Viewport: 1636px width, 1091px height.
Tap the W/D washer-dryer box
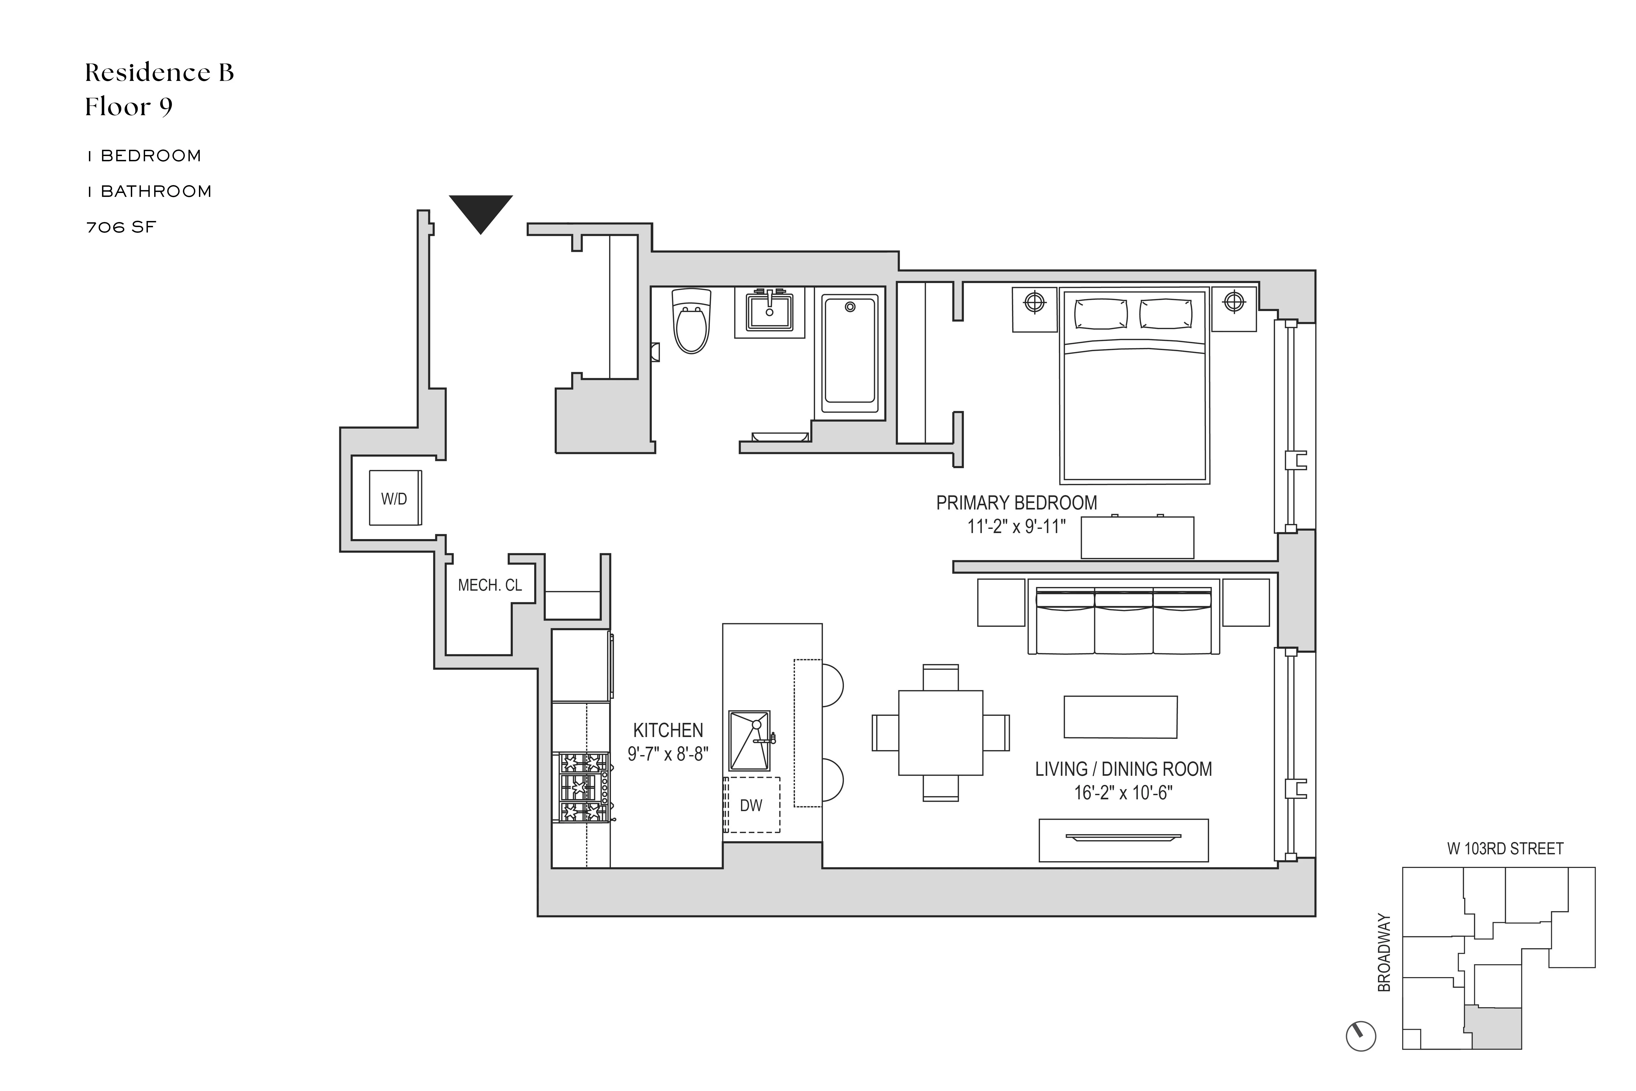tap(394, 498)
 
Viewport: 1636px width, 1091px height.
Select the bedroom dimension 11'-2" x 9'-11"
tap(1016, 527)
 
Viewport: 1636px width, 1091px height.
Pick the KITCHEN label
tap(668, 730)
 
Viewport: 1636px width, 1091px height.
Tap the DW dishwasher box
tap(751, 805)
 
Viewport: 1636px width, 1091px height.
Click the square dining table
tap(941, 733)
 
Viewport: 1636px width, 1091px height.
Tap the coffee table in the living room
tap(1121, 717)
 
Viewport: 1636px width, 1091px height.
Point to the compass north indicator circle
tap(1361, 1036)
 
